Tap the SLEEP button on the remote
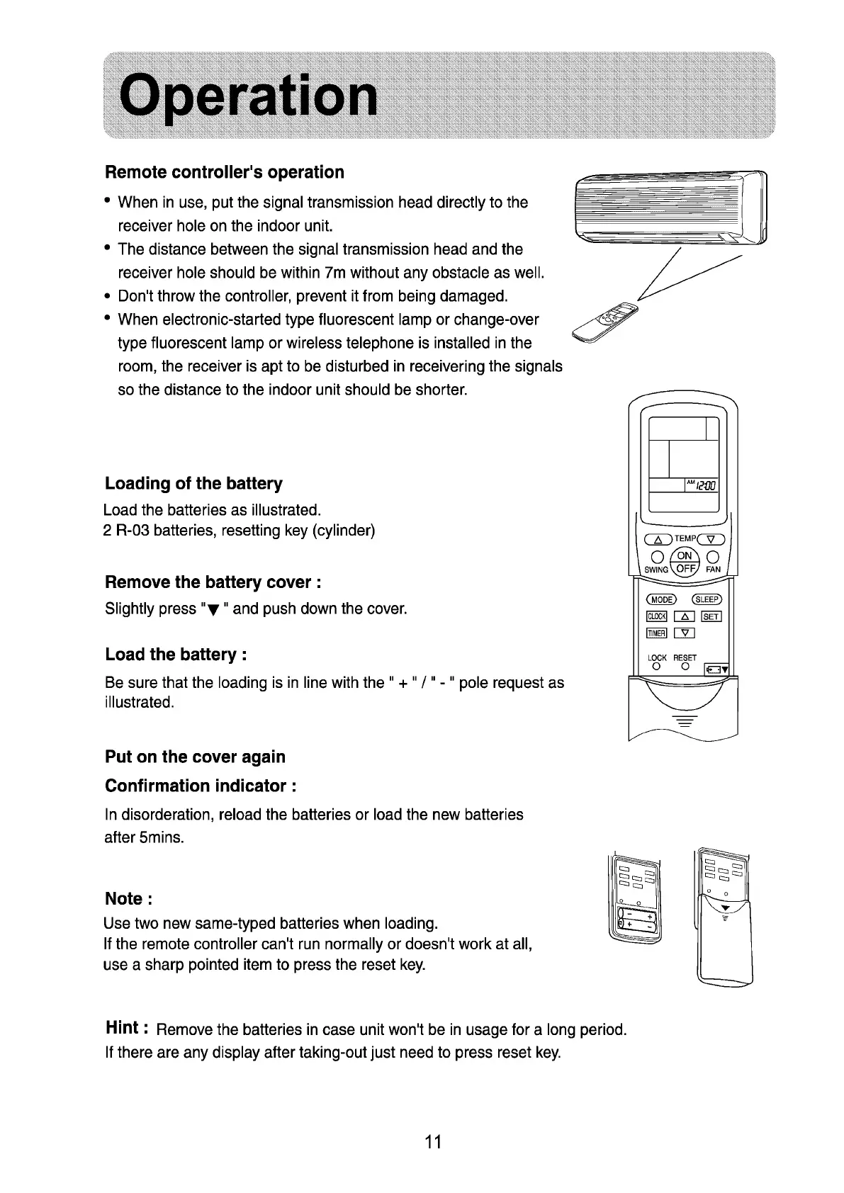tap(707, 599)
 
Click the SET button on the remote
tap(710, 616)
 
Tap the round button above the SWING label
tap(656, 555)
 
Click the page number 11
tap(433, 1141)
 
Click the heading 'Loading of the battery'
tap(193, 484)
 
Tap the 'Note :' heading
tap(128, 899)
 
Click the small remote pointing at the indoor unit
tap(602, 322)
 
